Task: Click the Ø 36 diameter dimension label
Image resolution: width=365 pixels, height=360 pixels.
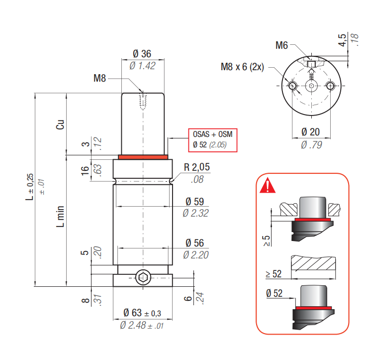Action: (x=142, y=54)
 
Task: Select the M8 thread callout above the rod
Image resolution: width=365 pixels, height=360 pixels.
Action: (x=99, y=78)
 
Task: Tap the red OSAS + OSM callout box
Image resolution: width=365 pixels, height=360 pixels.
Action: (x=213, y=140)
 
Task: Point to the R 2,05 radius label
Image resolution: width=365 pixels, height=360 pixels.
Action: (x=197, y=167)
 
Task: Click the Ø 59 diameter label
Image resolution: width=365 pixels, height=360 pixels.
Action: (x=195, y=202)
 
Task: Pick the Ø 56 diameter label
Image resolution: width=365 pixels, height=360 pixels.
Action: (x=195, y=243)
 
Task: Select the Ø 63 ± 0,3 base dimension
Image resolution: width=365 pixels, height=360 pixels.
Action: (x=142, y=313)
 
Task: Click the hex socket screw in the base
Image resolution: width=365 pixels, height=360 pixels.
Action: (x=143, y=277)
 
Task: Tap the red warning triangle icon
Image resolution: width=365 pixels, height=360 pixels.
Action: (x=268, y=186)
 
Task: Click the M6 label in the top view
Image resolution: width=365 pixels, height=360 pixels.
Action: (x=281, y=45)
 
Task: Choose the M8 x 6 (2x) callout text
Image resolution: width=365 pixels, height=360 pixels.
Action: (x=242, y=67)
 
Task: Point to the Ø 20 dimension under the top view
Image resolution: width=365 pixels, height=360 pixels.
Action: (x=310, y=132)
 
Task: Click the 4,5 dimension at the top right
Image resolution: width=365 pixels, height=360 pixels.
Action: (x=342, y=40)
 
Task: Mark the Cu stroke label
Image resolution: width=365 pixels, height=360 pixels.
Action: (x=60, y=124)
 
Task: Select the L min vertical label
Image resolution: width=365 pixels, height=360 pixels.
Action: (x=60, y=216)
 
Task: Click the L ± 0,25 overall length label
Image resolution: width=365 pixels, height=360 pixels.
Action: (x=30, y=187)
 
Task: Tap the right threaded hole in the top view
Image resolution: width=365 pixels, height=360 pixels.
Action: (x=330, y=86)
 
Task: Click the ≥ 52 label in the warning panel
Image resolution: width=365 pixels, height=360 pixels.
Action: (x=274, y=274)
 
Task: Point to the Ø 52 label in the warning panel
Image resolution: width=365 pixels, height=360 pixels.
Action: (x=274, y=293)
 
